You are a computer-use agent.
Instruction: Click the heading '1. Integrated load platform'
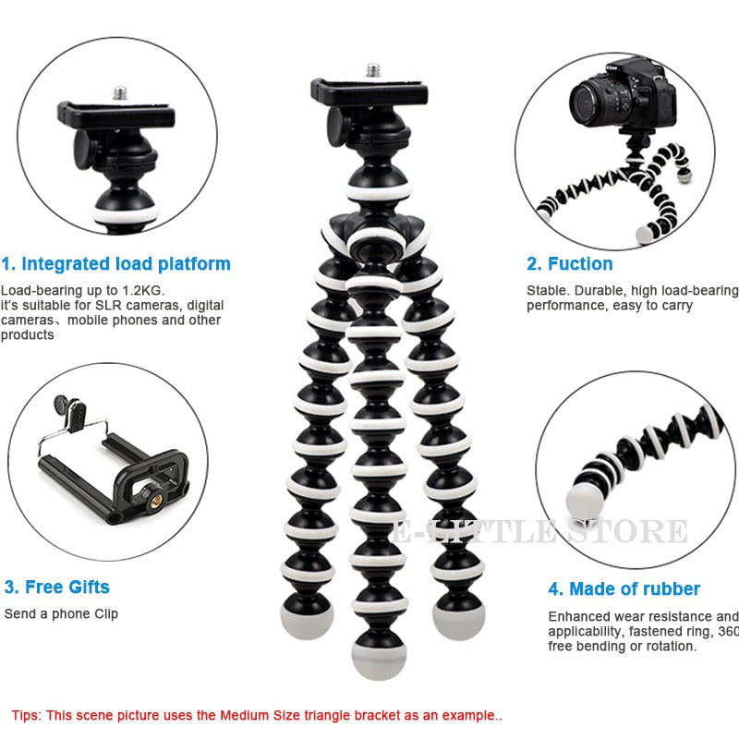pyautogui.click(x=116, y=264)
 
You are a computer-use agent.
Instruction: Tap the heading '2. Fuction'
pyautogui.click(x=570, y=264)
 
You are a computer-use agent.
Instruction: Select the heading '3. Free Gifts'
pyautogui.click(x=56, y=588)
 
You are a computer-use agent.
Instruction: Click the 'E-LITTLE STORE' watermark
pyautogui.click(x=539, y=533)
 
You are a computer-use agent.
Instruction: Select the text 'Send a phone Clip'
pyautogui.click(x=61, y=613)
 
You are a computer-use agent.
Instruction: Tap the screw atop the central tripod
pyautogui.click(x=373, y=70)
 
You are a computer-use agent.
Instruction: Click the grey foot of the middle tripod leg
pyautogui.click(x=378, y=657)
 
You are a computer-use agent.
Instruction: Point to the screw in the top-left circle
pyautogui.click(x=120, y=92)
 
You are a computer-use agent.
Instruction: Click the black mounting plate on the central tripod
pyautogui.click(x=356, y=90)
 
